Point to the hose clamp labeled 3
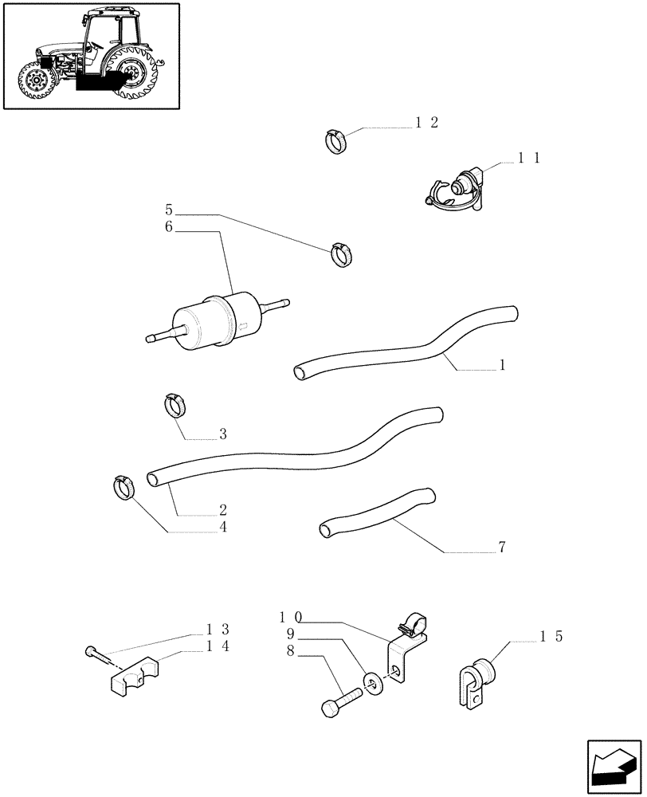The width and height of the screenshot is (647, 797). pyautogui.click(x=176, y=405)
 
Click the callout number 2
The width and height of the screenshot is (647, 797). pyautogui.click(x=223, y=509)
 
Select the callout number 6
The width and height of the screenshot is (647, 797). pyautogui.click(x=169, y=228)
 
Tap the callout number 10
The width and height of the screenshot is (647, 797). pyautogui.click(x=290, y=617)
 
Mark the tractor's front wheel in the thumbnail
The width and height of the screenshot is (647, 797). pyautogui.click(x=36, y=81)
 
